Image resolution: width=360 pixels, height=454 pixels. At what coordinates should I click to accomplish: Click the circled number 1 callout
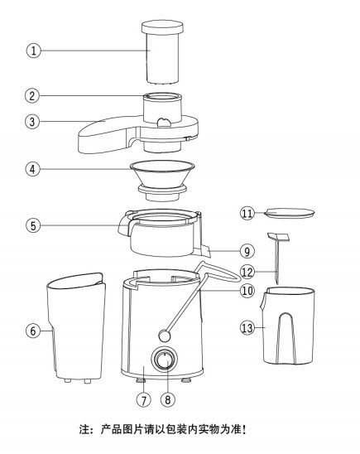coord(34,51)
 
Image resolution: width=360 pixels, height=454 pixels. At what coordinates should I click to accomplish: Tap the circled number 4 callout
coord(32,169)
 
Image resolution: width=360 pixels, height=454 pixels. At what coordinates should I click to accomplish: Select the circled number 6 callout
coord(33,331)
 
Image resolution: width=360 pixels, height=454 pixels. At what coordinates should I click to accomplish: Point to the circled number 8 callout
coord(168,399)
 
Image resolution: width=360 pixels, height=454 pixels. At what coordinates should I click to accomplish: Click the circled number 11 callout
coord(247,214)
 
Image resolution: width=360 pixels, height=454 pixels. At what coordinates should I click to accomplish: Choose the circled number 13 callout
coord(247,328)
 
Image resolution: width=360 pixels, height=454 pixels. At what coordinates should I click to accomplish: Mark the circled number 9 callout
coord(247,251)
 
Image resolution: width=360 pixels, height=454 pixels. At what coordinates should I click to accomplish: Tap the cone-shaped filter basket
coord(162,181)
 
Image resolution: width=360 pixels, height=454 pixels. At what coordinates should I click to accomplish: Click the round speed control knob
coord(164,360)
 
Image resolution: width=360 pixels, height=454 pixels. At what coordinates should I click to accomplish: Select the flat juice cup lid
coord(289,213)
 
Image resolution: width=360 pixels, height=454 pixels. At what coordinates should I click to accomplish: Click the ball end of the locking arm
coord(164,336)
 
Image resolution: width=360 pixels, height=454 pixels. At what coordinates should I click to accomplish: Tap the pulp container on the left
coord(76,327)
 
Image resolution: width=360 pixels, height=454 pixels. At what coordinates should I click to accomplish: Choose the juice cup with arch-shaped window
coord(288,326)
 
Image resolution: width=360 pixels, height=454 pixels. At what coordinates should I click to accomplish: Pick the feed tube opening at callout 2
coord(162,96)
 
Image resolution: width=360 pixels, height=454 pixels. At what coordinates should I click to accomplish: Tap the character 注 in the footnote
coord(84,429)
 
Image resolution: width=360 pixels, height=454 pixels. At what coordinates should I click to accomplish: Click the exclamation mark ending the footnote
coord(245,429)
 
